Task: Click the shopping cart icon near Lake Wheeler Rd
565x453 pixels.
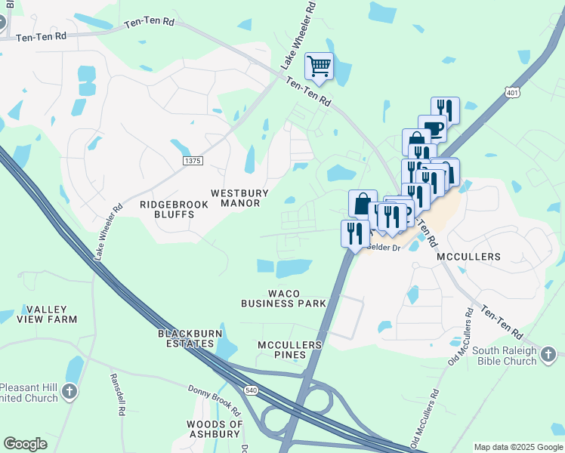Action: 319,66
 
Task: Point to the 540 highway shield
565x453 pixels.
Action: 251,388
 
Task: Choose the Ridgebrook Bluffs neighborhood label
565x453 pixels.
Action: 168,209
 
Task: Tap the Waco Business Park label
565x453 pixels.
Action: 283,298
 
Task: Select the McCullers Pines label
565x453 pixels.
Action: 289,350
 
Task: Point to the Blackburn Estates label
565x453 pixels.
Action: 186,338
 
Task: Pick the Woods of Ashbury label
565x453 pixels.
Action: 215,429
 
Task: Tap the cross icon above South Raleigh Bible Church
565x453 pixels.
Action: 550,353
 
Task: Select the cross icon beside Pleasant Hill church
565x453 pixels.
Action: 69,391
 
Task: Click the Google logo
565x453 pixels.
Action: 25,444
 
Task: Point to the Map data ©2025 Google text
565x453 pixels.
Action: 517,447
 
